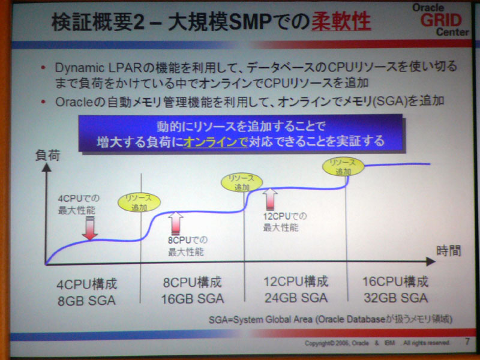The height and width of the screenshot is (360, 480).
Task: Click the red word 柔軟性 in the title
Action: click(341, 22)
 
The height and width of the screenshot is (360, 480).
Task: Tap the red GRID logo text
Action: click(441, 20)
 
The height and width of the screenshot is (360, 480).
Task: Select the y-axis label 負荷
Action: click(47, 155)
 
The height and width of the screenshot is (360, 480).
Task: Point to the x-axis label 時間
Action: click(448, 251)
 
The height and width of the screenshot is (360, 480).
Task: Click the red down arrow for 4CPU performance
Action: click(90, 228)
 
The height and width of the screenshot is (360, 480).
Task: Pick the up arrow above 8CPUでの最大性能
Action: click(176, 224)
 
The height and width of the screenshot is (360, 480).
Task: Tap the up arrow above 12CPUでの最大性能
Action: click(270, 200)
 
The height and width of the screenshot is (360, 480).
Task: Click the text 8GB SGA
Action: click(86, 301)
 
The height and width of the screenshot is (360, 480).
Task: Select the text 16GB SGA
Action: click(193, 299)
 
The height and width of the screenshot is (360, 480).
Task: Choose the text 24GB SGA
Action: click(296, 298)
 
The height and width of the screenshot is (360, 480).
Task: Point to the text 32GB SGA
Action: click(396, 298)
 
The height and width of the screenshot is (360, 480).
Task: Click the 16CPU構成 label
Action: click(395, 281)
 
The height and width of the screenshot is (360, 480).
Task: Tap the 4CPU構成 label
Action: click(87, 284)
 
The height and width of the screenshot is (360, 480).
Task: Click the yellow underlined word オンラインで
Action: click(215, 142)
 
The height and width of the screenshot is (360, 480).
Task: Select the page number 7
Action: click(467, 341)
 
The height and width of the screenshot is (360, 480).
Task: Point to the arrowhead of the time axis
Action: click(430, 262)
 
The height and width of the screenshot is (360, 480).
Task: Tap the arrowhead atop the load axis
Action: click(46, 167)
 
